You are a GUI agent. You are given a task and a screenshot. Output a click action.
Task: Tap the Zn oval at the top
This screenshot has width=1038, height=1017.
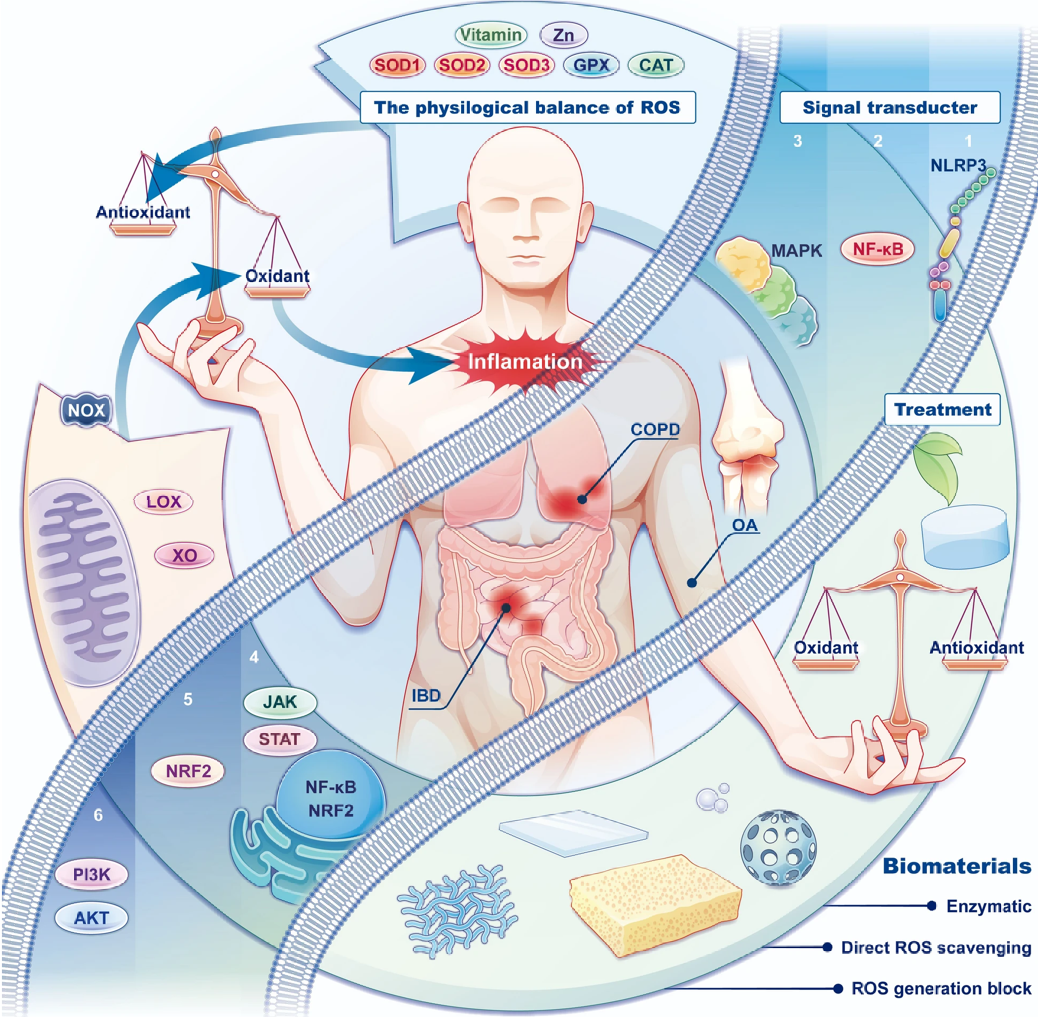[x=564, y=35]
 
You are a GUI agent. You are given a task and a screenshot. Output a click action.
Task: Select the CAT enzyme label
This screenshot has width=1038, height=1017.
[x=656, y=65]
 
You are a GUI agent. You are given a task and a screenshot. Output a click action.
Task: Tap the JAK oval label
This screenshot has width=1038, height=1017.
[x=280, y=701]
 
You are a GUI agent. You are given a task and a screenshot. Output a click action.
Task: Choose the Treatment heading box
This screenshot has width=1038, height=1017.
[x=942, y=409]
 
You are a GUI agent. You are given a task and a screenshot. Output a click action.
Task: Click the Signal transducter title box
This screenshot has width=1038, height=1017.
[x=890, y=107]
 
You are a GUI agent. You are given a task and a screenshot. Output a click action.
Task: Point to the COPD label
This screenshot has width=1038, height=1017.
[x=655, y=429]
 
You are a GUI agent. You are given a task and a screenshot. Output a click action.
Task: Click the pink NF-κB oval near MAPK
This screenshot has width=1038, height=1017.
[x=878, y=249]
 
